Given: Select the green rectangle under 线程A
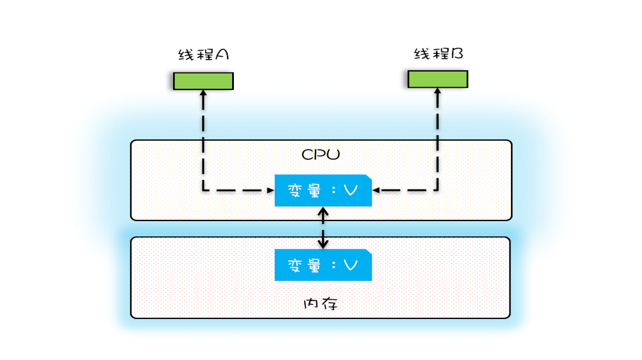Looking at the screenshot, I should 203,81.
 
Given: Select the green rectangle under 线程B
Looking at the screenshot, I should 437,79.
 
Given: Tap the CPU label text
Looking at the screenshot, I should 320,154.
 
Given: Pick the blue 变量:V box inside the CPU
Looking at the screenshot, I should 323,191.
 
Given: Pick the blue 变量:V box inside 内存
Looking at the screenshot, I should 323,265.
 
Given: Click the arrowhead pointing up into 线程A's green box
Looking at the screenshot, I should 203,93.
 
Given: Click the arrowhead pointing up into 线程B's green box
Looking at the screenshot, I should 437,92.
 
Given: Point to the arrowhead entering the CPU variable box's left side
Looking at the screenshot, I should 270,191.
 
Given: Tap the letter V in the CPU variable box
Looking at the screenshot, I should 350,191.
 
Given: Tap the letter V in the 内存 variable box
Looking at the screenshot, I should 350,265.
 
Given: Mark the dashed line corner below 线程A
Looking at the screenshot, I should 203,191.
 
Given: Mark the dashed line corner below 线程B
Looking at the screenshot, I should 437,191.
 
